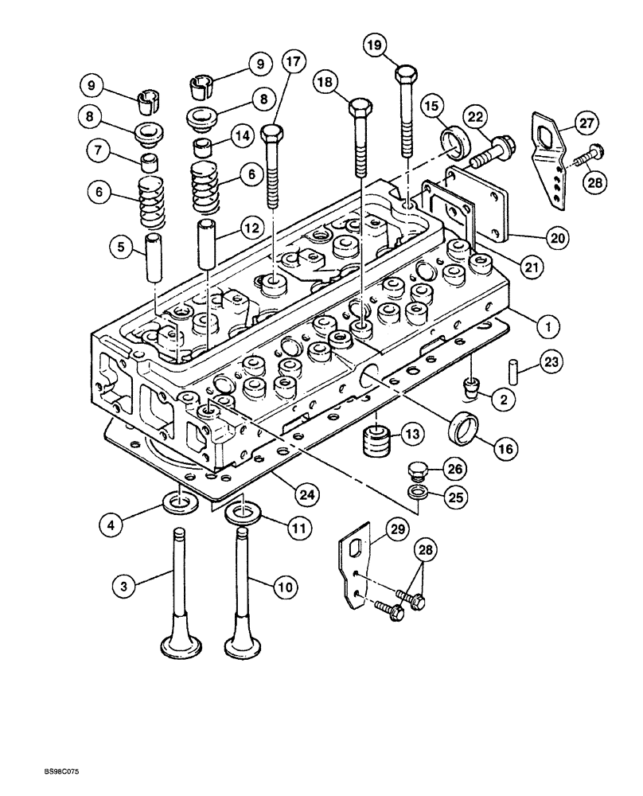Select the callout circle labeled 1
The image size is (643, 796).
[x=548, y=325]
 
